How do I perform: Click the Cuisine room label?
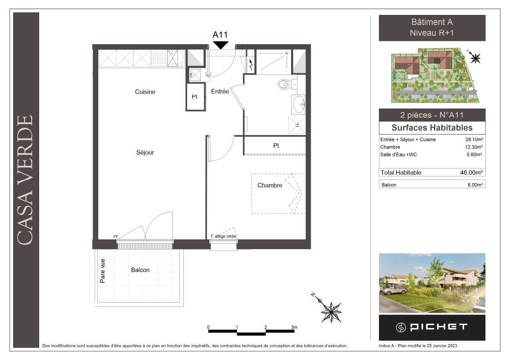[x=145, y=92]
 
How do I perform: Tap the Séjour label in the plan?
[x=145, y=152]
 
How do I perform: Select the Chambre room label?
[x=270, y=185]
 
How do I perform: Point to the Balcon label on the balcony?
[x=140, y=270]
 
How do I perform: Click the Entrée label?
[x=220, y=92]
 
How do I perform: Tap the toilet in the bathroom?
[x=284, y=85]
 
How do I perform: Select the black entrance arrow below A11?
[x=221, y=45]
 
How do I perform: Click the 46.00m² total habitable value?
[x=471, y=173]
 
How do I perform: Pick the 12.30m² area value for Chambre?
[x=474, y=147]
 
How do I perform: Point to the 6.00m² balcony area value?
[x=475, y=185]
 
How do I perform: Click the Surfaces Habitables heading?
[x=432, y=128]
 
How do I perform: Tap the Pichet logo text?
[x=439, y=327]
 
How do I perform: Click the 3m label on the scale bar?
[x=294, y=327]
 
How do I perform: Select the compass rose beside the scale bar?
[x=331, y=311]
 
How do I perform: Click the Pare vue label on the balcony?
[x=103, y=270]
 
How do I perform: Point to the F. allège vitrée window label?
[x=223, y=236]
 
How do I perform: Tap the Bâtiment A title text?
[x=432, y=22]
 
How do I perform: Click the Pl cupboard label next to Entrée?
[x=195, y=97]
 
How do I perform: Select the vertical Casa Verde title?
[x=25, y=180]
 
